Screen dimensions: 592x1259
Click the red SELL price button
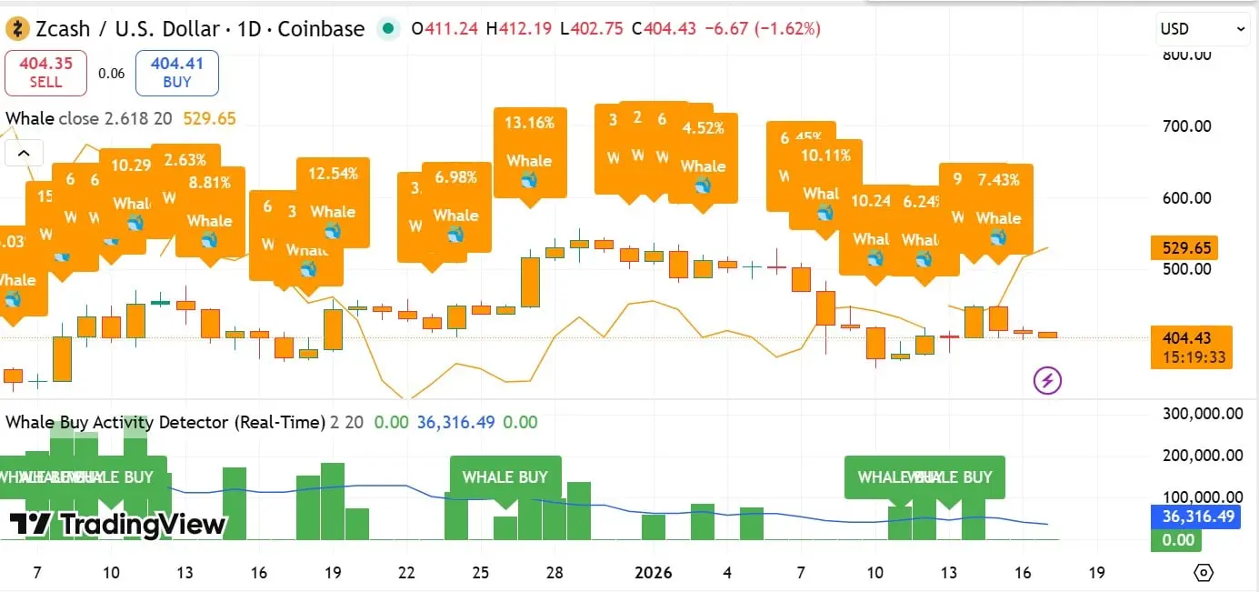coord(45,73)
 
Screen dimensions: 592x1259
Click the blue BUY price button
coord(177,73)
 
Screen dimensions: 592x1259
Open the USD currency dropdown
coord(1203,29)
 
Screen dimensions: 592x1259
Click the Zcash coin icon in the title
coord(18,29)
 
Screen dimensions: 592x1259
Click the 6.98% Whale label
coord(455,206)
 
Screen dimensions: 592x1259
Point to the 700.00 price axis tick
coord(1188,125)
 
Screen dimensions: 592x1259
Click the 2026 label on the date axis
coord(653,573)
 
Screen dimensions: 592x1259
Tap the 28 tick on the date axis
coord(555,573)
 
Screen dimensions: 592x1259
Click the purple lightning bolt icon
coord(1047,380)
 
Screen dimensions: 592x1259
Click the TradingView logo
coord(118,524)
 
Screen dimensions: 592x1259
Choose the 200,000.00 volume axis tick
coord(1202,456)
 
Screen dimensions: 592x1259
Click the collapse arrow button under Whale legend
coord(24,153)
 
